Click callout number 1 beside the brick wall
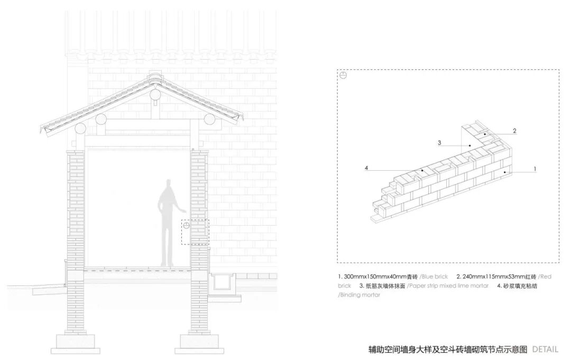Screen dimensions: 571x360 pyautogui.click(x=535, y=169)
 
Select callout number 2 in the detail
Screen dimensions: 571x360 pyautogui.click(x=514, y=131)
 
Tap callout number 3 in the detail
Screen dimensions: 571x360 pyautogui.click(x=439, y=143)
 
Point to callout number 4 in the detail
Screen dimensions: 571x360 pyautogui.click(x=366, y=169)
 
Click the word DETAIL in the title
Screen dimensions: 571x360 pyautogui.click(x=545, y=349)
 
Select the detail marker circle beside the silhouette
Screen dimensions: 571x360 pyautogui.click(x=186, y=226)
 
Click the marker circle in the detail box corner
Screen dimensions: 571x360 pyautogui.click(x=343, y=76)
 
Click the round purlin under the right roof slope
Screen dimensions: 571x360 pyautogui.click(x=210, y=119)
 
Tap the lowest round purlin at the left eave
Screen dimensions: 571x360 pyautogui.click(x=80, y=128)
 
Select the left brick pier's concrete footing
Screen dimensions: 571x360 pyautogui.click(x=75, y=342)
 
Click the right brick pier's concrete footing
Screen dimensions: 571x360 pyautogui.click(x=199, y=342)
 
